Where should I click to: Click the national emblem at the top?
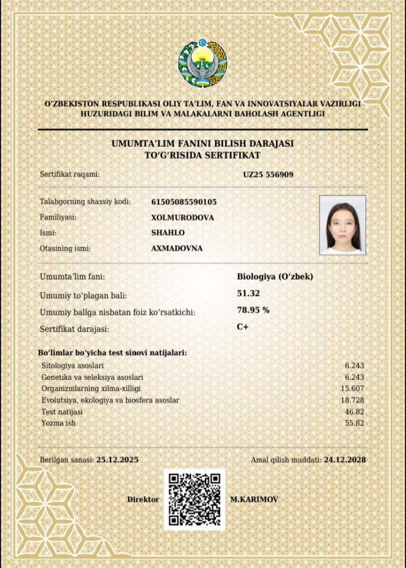pyautogui.click(x=202, y=63)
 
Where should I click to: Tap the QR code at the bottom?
pyautogui.click(x=195, y=499)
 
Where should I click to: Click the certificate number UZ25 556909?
pyautogui.click(x=268, y=174)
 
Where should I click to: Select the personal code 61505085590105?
pyautogui.click(x=184, y=202)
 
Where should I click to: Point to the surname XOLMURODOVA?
pyautogui.click(x=183, y=217)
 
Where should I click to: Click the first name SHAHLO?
pyautogui.click(x=168, y=233)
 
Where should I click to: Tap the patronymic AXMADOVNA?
pyautogui.click(x=176, y=248)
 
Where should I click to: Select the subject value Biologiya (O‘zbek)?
pyautogui.click(x=275, y=277)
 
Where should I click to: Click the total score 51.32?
pyautogui.click(x=249, y=292)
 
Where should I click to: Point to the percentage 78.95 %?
pyautogui.click(x=253, y=310)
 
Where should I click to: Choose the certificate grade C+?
pyautogui.click(x=243, y=327)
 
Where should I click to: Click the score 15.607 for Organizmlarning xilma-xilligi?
pyautogui.click(x=352, y=388)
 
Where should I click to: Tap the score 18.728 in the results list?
pyautogui.click(x=352, y=400)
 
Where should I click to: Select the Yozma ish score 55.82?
pyautogui.click(x=354, y=422)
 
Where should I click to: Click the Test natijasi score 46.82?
pyautogui.click(x=354, y=412)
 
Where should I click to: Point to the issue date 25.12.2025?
pyautogui.click(x=117, y=460)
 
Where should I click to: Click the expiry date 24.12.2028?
pyautogui.click(x=345, y=460)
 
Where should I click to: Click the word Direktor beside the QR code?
pyautogui.click(x=143, y=500)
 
